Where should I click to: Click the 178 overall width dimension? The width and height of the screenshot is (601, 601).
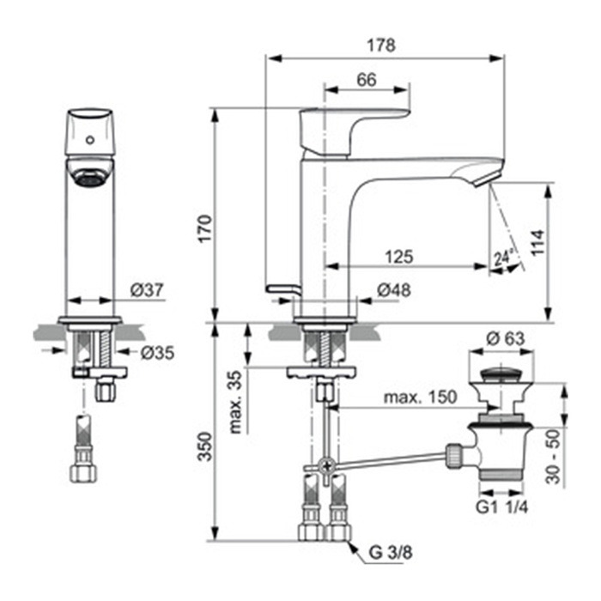[x=381, y=46]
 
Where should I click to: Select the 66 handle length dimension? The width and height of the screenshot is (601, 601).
[x=367, y=80]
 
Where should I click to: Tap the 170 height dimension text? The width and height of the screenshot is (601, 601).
[x=205, y=229]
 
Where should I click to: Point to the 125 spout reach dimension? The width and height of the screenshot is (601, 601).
[x=399, y=257]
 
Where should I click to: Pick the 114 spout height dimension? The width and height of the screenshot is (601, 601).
[x=537, y=242]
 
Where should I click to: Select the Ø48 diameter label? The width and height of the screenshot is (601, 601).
[x=394, y=290]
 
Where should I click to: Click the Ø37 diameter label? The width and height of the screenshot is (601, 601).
[x=147, y=290]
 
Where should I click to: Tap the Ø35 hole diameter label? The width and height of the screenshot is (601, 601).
[x=157, y=353]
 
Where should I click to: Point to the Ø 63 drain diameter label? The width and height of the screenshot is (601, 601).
[x=505, y=338]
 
